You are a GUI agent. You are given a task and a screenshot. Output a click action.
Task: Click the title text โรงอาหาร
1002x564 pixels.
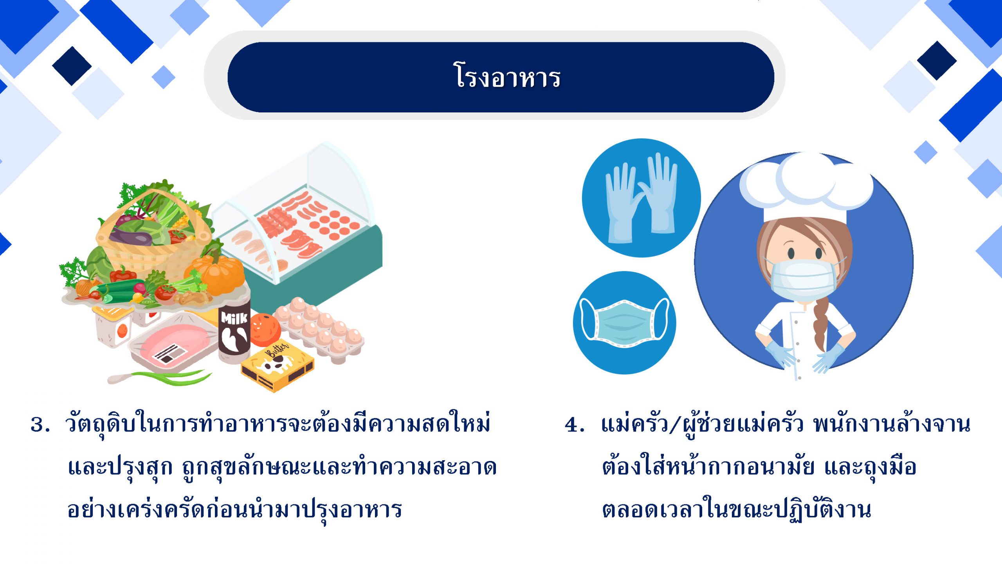tap(508, 76)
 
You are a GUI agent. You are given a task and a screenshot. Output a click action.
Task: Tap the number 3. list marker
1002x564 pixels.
tap(40, 425)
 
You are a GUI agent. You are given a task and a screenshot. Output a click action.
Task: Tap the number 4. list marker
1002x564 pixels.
tap(575, 425)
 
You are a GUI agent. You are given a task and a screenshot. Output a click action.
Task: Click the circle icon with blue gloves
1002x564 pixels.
tap(641, 198)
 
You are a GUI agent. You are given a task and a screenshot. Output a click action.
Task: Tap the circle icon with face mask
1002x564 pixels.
tap(625, 323)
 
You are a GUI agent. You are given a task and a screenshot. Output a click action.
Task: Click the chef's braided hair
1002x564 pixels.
tap(820, 325)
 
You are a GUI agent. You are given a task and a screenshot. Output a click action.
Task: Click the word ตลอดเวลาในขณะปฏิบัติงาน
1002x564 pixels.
tap(737, 509)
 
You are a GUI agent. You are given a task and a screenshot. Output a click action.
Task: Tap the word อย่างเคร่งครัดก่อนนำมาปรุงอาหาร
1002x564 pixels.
tap(235, 509)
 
